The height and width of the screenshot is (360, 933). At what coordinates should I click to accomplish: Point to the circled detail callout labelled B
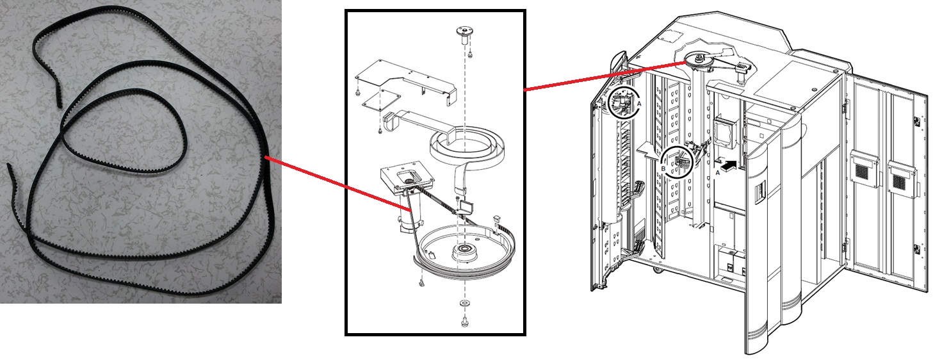tap(677, 162)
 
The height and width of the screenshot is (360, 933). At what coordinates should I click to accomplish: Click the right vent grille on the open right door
tap(900, 174)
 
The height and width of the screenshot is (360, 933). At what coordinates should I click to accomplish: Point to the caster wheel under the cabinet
tap(656, 269)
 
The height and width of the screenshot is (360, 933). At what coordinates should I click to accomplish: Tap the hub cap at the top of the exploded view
tap(463, 32)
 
